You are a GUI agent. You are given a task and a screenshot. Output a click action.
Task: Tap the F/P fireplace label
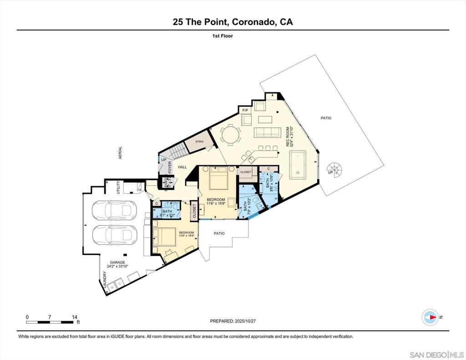(x=245, y=111)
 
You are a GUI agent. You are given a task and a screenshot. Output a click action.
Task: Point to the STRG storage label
(x=199, y=142)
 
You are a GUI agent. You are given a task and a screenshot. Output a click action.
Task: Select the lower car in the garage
(x=112, y=235)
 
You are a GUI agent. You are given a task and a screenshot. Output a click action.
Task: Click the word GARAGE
(x=117, y=263)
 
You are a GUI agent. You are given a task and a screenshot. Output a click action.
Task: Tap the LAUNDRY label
(x=105, y=279)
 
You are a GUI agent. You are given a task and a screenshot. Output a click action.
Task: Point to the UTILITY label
(x=118, y=188)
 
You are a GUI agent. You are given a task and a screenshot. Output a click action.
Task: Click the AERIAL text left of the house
(x=121, y=153)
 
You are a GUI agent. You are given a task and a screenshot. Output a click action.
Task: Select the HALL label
(x=182, y=167)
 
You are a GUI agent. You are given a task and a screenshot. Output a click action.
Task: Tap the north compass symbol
(x=430, y=317)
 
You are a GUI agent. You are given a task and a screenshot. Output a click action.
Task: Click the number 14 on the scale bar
(x=75, y=317)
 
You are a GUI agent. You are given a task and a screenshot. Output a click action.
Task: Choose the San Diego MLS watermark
(x=436, y=354)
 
